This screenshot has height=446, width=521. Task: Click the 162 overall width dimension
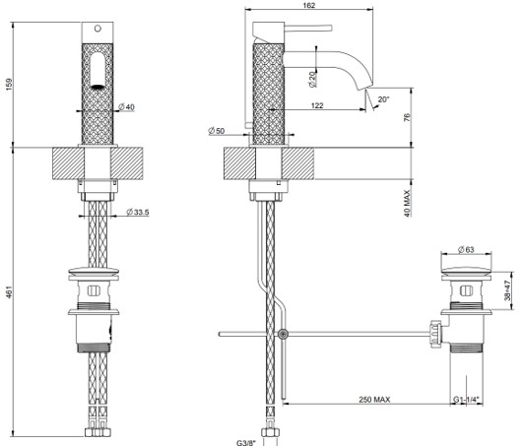point(309,5)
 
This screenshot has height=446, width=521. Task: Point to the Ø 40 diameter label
point(127,107)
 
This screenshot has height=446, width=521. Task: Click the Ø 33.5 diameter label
point(138,212)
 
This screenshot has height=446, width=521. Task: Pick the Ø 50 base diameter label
point(217,131)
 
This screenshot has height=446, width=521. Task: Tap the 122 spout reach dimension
point(317,105)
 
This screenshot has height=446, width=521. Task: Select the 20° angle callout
point(383,99)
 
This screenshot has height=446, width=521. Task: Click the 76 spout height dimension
point(408,117)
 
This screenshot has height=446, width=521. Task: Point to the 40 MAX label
point(408,203)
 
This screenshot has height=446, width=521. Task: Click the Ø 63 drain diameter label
point(466,249)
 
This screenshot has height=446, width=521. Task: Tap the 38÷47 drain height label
point(507,290)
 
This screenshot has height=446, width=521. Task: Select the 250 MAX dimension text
point(374,399)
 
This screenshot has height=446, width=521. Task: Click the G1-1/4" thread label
point(468,400)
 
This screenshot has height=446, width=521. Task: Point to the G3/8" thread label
point(246,443)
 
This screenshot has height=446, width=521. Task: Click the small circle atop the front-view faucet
point(98,29)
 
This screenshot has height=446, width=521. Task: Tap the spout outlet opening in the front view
point(98,87)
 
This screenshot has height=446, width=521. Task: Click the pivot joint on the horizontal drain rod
point(283,334)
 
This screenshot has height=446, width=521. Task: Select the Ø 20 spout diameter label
point(312,79)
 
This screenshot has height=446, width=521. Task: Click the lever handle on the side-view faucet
point(308,29)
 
